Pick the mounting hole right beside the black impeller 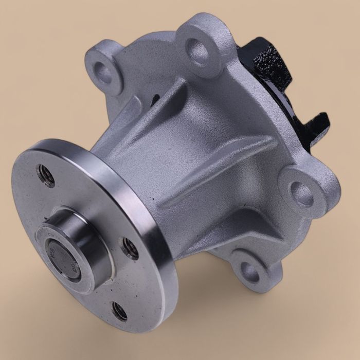199,49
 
